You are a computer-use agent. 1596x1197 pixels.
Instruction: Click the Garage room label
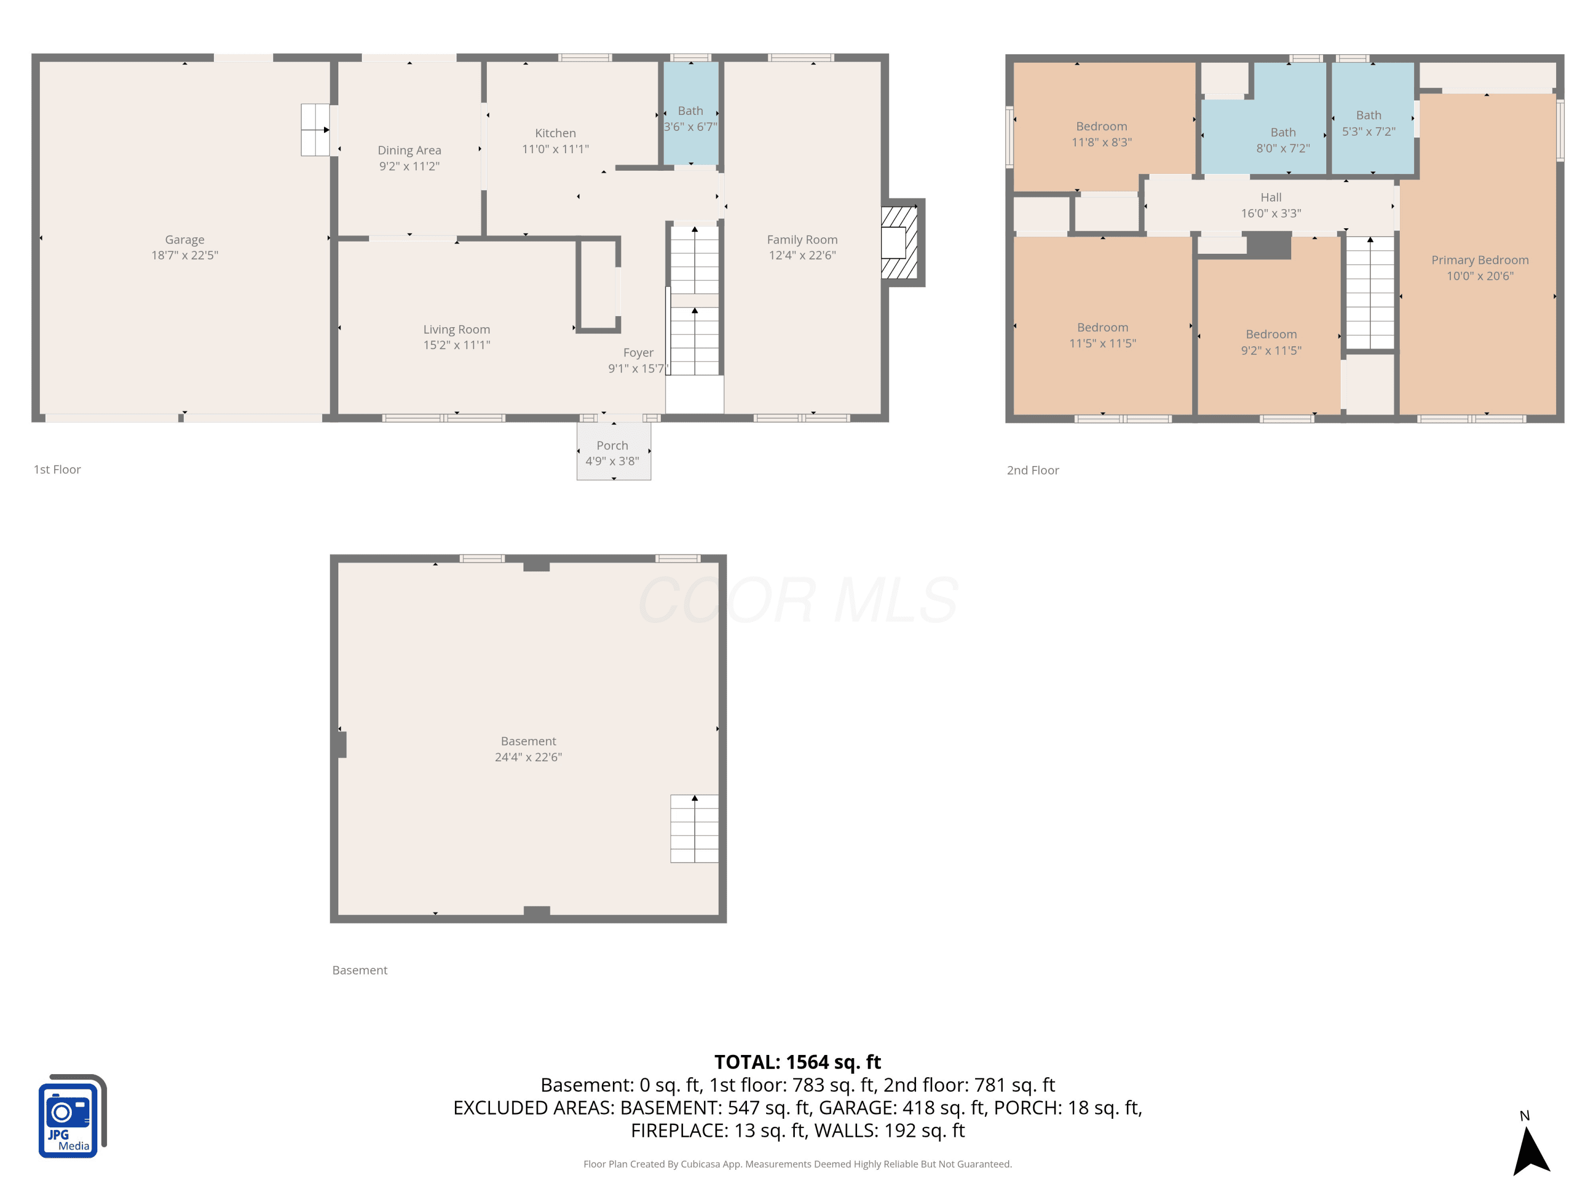coord(185,239)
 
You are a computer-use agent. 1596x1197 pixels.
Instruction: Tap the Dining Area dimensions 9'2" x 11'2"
coord(409,166)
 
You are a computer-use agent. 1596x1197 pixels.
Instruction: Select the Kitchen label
coord(555,133)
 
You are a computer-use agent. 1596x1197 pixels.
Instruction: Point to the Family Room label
coord(802,239)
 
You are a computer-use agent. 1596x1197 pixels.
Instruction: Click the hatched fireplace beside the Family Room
coord(899,243)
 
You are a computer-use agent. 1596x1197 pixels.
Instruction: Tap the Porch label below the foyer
coord(612,445)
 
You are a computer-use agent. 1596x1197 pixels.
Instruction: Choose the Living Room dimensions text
coord(456,345)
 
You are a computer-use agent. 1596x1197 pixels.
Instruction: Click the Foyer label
coord(638,352)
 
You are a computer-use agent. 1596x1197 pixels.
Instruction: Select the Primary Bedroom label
coord(1480,260)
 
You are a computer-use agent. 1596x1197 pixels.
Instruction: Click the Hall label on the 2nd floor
coord(1271,197)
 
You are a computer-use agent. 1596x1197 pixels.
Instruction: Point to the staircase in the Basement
coord(694,828)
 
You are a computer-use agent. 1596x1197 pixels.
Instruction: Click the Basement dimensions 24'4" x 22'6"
coord(528,757)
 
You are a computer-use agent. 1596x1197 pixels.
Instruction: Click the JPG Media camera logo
coord(72,1116)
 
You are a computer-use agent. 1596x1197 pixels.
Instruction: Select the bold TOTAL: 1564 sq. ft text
coord(797,1062)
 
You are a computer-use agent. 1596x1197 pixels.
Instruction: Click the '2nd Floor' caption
coord(1033,470)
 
